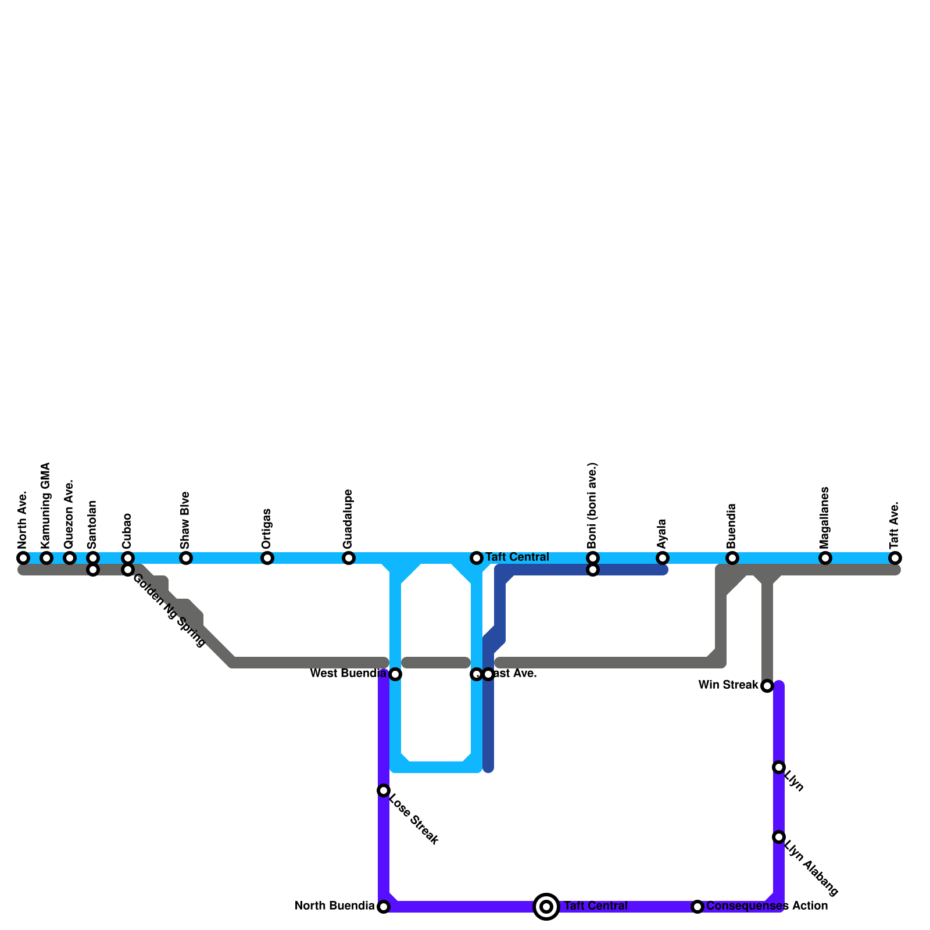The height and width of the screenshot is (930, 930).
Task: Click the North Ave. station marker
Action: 23,558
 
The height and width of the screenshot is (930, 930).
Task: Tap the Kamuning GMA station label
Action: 46,505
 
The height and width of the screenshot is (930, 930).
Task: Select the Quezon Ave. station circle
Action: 70,558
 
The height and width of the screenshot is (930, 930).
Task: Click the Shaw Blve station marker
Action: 186,558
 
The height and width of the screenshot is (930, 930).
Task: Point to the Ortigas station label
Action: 267,528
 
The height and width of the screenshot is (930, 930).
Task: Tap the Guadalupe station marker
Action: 349,558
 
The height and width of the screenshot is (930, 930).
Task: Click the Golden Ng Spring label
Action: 169,610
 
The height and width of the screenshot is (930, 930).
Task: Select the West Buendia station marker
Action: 395,674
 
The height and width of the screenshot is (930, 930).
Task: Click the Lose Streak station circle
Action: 384,791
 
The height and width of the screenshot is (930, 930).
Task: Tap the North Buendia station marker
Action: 384,907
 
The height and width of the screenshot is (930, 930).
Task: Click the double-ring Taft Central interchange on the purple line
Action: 546,907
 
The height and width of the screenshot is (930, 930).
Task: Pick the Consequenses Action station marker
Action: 697,907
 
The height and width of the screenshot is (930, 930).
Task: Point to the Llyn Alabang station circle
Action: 779,837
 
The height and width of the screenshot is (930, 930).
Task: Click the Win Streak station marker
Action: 767,686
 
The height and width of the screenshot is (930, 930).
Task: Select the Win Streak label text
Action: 728,685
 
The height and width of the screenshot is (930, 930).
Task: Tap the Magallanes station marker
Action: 825,558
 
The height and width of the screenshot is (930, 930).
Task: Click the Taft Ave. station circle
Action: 895,558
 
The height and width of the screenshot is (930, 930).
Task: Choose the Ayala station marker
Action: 663,558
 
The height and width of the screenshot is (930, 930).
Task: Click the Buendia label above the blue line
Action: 732,525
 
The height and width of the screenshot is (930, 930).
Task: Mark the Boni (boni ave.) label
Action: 592,506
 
